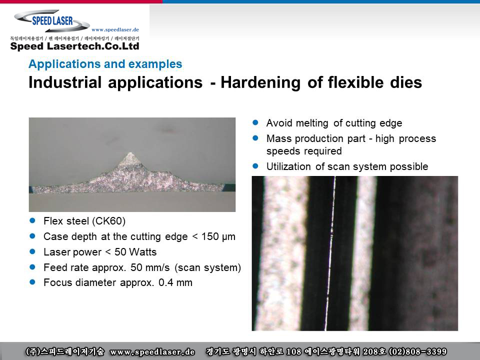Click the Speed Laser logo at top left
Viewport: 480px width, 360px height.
pyautogui.click(x=52, y=21)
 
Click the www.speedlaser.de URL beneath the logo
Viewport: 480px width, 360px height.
pyautogui.click(x=115, y=29)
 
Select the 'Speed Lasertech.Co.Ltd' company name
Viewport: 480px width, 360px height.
pyautogui.click(x=74, y=46)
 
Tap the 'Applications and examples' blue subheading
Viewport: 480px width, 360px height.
pyautogui.click(x=105, y=64)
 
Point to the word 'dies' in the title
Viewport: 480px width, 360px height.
pyautogui.click(x=406, y=82)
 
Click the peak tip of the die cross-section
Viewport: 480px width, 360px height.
pyautogui.click(x=130, y=153)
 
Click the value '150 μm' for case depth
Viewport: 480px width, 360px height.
pyautogui.click(x=218, y=236)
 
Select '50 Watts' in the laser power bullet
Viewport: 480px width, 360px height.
pyautogui.click(x=135, y=252)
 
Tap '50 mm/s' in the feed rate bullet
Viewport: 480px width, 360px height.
pyautogui.click(x=150, y=267)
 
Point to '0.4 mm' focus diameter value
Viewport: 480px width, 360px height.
pyautogui.click(x=175, y=282)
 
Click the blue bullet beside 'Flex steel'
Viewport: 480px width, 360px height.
pyautogui.click(x=32, y=220)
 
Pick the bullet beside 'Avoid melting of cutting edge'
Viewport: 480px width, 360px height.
pyautogui.click(x=255, y=122)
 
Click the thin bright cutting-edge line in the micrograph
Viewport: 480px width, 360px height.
pyautogui.click(x=330, y=253)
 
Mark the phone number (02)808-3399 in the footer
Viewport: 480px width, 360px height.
pyautogui.click(x=417, y=351)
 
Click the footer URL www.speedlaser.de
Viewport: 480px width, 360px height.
pyautogui.click(x=152, y=352)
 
